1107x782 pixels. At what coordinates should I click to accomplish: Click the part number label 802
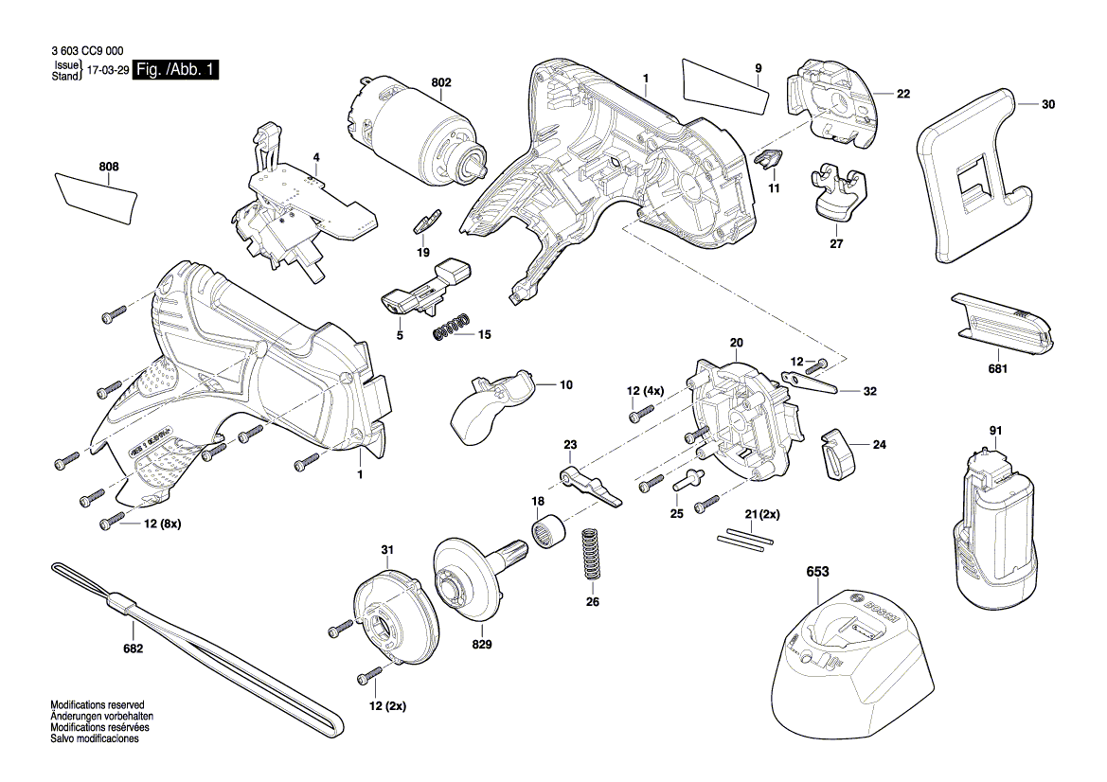click(x=441, y=83)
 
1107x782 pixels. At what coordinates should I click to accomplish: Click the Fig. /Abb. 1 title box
click(x=176, y=70)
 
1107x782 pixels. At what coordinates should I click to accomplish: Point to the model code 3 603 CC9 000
click(x=84, y=53)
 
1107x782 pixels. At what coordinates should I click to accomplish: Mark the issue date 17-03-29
click(x=108, y=71)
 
